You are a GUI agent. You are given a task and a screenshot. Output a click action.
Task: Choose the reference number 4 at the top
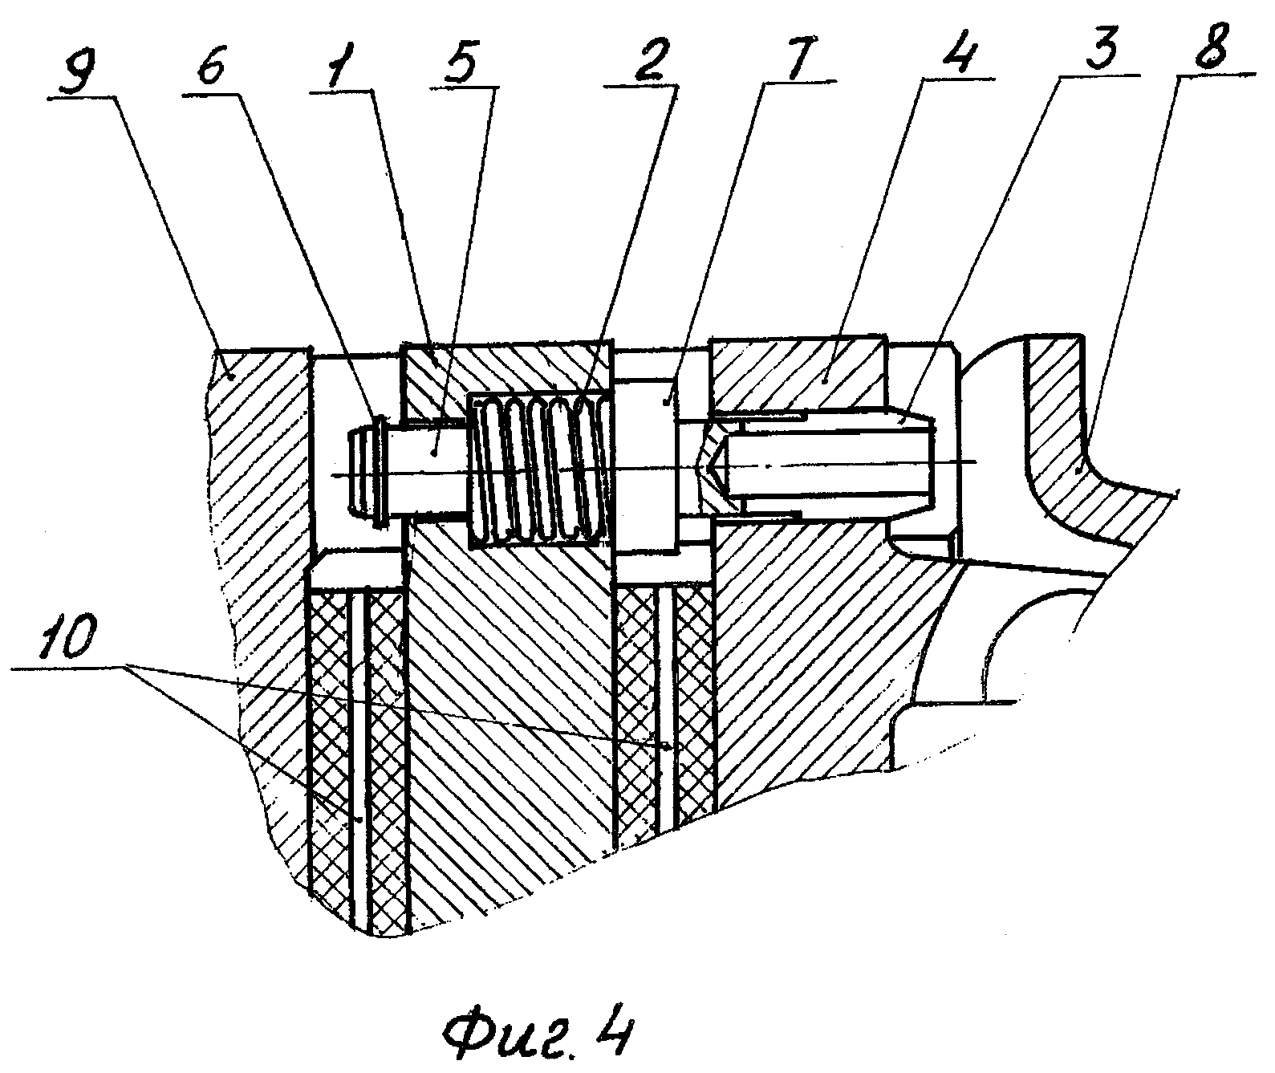(x=960, y=48)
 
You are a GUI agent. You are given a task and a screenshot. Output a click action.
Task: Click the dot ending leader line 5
(x=434, y=453)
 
